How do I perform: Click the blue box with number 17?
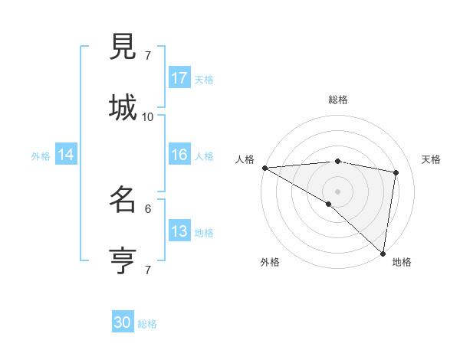tap(179, 78)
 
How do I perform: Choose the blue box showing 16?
tap(179, 155)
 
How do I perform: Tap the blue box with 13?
tap(179, 231)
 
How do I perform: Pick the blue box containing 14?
tap(66, 155)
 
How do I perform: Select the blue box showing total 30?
tap(123, 322)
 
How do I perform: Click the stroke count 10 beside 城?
tap(148, 116)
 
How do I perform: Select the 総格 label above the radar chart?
tap(337, 100)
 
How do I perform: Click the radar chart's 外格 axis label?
tap(270, 262)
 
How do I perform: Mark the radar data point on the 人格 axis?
tap(264, 168)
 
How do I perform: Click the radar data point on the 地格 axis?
tap(383, 253)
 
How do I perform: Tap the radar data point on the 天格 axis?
tap(396, 172)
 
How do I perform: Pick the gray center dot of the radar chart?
tap(337, 191)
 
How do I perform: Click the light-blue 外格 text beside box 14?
tap(41, 155)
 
